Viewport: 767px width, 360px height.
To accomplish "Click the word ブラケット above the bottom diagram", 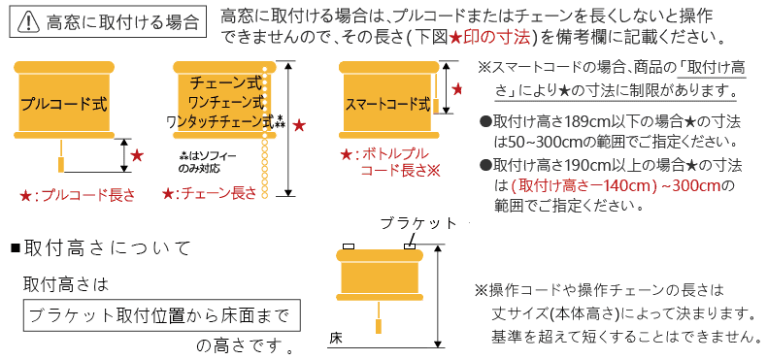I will pyautogui.click(x=418, y=223).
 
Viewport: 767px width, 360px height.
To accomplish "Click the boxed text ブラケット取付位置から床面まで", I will pyautogui.click(x=160, y=316).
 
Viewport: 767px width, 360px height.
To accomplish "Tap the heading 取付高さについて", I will pyautogui.click(x=106, y=247).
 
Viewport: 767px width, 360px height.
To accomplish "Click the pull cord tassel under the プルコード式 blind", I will pyautogui.click(x=66, y=156).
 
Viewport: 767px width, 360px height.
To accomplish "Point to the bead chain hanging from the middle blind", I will pyautogui.click(x=267, y=146).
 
